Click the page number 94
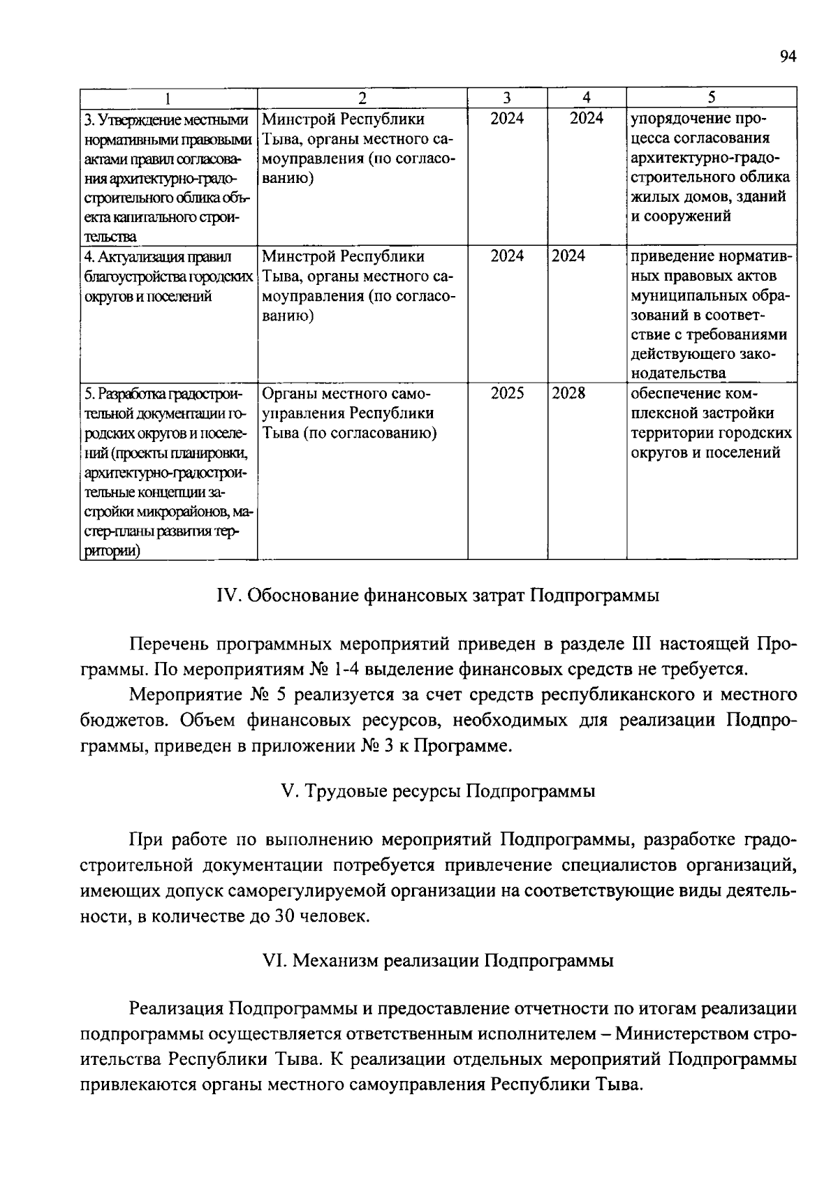[788, 57]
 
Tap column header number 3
[507, 98]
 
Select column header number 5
[712, 98]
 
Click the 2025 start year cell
[507, 393]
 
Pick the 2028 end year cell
[568, 393]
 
